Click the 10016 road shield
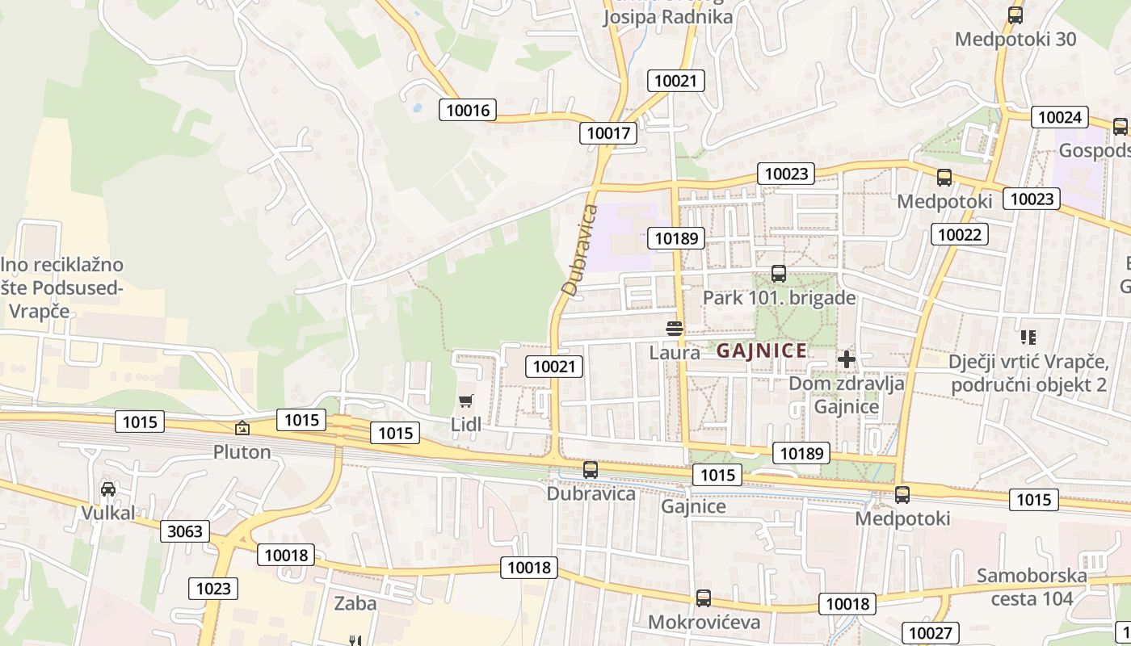pos(468,110)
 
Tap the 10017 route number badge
pos(608,133)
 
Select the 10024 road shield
pos(1059,117)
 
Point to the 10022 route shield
pos(959,234)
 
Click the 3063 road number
pos(186,531)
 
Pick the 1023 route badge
pos(213,589)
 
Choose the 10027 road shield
pos(930,633)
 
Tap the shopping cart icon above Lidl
pos(465,401)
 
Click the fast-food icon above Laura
pos(674,329)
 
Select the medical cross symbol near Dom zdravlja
pos(846,359)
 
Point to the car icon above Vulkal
pos(107,489)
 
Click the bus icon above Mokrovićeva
pos(704,598)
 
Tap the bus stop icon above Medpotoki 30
pos(1015,15)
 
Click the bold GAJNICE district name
pos(761,350)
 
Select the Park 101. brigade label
pos(779,297)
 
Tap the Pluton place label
pos(242,451)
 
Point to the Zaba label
pos(355,603)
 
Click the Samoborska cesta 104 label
pos(1031,587)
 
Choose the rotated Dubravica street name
pos(581,250)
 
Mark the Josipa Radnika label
pos(668,17)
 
